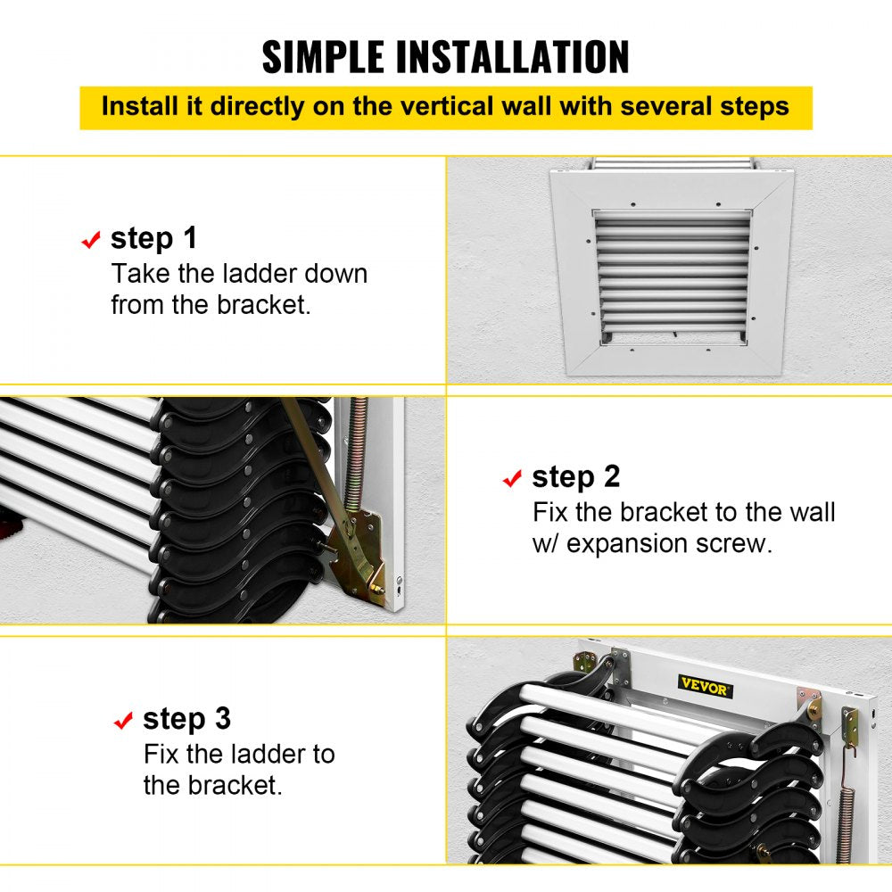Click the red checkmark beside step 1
pyautogui.click(x=91, y=241)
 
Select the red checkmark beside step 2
pyautogui.click(x=512, y=479)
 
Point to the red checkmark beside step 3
pyautogui.click(x=123, y=721)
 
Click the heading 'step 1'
pyautogui.click(x=153, y=239)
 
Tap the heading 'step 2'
pyautogui.click(x=575, y=477)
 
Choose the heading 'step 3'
pyautogui.click(x=186, y=719)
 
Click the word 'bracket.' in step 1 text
pyautogui.click(x=264, y=305)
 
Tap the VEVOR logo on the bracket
pyautogui.click(x=706, y=687)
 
